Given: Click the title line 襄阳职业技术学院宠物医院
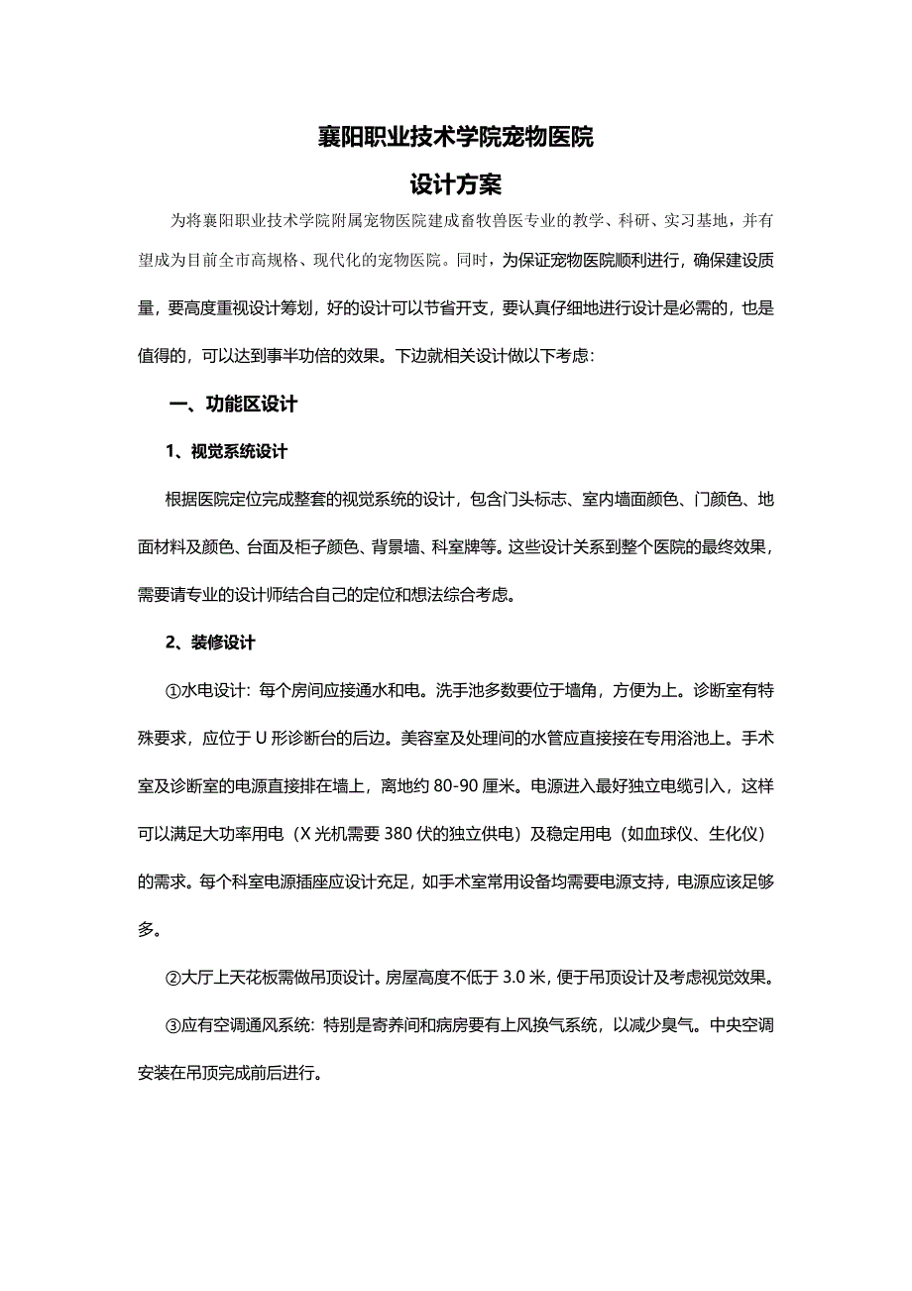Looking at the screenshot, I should click(x=455, y=138).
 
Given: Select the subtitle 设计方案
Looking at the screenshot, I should click(x=456, y=183).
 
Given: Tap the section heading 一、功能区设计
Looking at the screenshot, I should click(x=234, y=405).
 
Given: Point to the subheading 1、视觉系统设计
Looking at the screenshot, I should click(x=226, y=452).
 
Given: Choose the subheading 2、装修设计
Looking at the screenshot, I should click(x=210, y=643).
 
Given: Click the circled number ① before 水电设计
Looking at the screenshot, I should click(x=173, y=690).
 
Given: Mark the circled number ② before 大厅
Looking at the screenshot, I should click(x=173, y=978).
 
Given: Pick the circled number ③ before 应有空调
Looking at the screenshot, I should click(x=173, y=1025).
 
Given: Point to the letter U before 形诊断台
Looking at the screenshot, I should click(x=261, y=739).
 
